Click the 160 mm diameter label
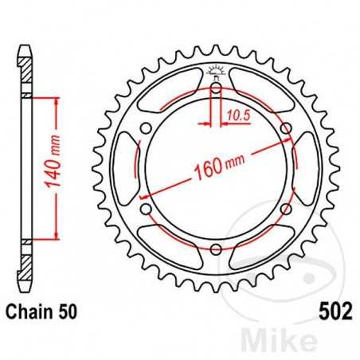pyautogui.click(x=216, y=166)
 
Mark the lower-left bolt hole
pyautogui.click(x=145, y=210)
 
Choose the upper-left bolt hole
pyautogui.click(x=145, y=128)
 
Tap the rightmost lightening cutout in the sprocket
pyautogui.click(x=306, y=169)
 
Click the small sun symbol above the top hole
pyautogui.click(x=216, y=70)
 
